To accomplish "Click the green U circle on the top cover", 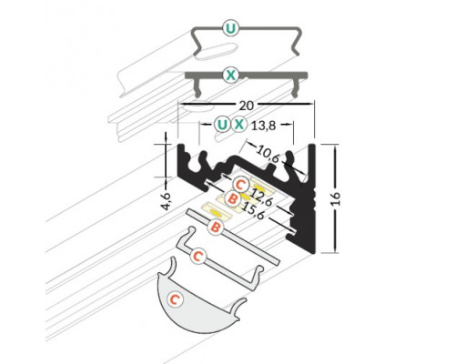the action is (231, 28).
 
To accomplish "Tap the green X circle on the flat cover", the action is (231, 75).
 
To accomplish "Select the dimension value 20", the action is (247, 106).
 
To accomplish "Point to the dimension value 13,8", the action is (263, 126).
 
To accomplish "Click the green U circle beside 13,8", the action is (223, 125).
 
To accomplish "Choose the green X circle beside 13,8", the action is (239, 125).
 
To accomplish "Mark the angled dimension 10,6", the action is (268, 154).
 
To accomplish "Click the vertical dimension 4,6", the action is (166, 200).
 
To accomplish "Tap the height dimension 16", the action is (336, 198).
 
